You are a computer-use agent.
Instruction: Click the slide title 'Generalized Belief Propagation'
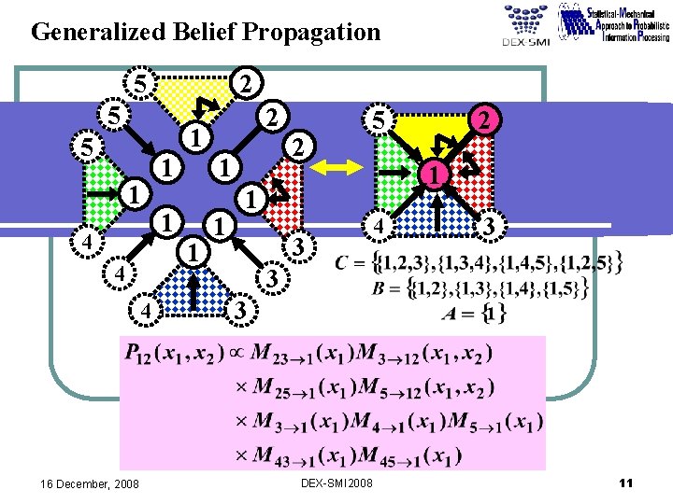206,33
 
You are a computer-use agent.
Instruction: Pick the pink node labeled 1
433,174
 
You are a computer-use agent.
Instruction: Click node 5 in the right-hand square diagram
378,120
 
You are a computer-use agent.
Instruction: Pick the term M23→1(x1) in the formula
295,356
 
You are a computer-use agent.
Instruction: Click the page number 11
626,483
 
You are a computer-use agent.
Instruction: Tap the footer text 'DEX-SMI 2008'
336,483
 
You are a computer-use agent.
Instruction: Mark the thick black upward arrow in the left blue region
193,292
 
